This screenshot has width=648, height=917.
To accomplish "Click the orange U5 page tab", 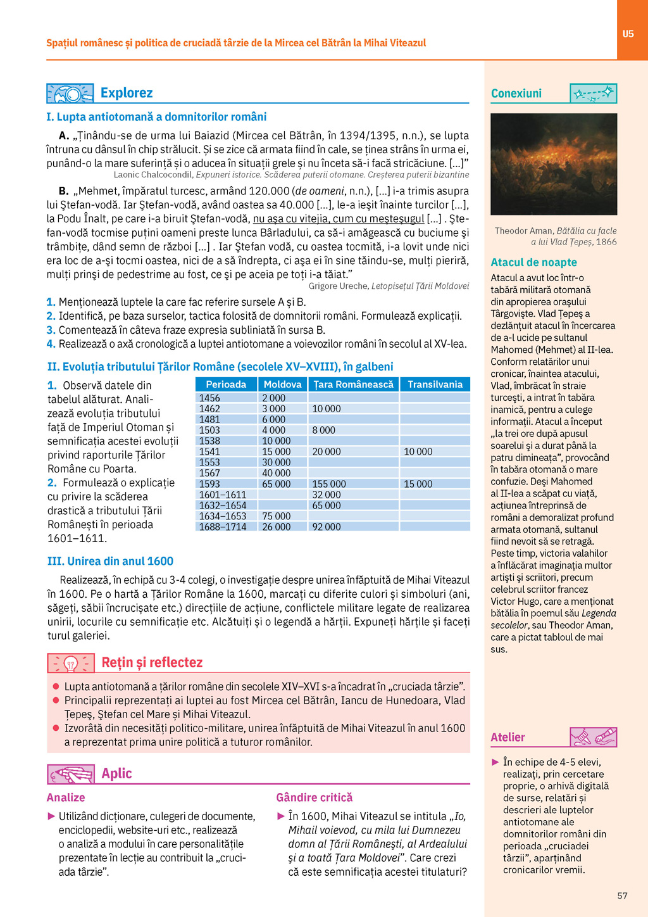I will point(628,34).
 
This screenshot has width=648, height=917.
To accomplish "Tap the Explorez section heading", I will point(127,93).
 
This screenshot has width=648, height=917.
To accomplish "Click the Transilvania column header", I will point(435,384).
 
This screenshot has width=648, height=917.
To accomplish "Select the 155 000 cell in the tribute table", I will point(329,484).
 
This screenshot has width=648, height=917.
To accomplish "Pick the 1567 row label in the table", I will point(209,473).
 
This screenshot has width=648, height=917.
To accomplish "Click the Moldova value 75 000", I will point(277,516).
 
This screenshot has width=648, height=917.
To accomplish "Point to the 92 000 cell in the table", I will point(327,527).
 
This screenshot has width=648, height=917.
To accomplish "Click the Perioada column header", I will point(226,384).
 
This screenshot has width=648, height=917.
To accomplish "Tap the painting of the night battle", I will point(554,164).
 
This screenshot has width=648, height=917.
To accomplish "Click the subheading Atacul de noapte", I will point(533,262).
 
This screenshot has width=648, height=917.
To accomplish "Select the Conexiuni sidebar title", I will point(516,94).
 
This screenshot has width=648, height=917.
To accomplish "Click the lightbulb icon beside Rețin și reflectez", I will point(71,663).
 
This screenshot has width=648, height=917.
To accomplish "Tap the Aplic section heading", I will point(116,773).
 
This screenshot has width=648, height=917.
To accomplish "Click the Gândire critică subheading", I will point(314,797).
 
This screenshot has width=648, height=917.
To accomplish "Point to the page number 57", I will point(622,895).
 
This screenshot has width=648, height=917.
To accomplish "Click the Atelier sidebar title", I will point(508,737).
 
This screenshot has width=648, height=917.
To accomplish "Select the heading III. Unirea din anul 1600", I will point(110,561).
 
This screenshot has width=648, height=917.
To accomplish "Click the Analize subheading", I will point(66,797).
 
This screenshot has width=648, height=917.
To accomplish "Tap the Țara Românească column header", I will point(353,384).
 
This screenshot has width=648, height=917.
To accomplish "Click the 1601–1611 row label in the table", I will point(223,495).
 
